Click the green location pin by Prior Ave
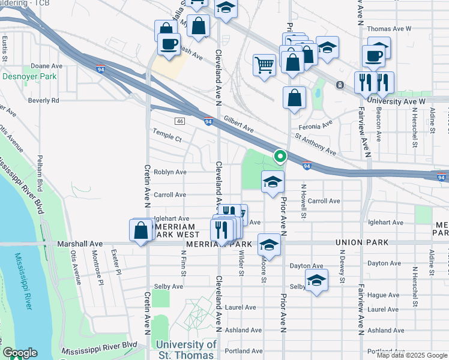(x=280, y=157)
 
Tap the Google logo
(x=19, y=353)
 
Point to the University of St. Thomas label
(x=185, y=349)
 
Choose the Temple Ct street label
(x=167, y=138)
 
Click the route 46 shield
(x=179, y=121)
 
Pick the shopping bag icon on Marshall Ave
(x=140, y=230)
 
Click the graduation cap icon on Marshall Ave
(x=270, y=245)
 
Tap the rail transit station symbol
(x=340, y=85)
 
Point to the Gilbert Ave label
(x=239, y=124)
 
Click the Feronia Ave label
(x=318, y=124)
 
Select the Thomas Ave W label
(x=388, y=29)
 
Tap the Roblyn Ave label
(x=170, y=172)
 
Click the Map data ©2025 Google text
(x=411, y=355)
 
